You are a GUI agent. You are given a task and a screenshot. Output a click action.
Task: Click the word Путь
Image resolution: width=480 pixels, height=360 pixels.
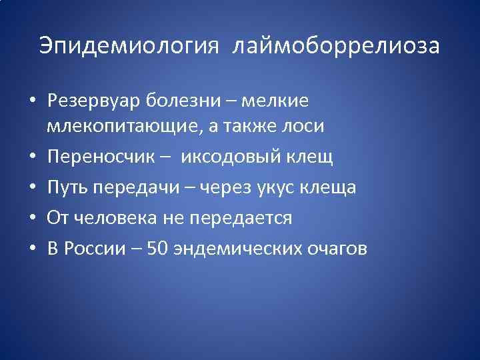point(67,188)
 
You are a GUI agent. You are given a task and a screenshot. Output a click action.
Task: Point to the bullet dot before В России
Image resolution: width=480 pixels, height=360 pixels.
point(31,250)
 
